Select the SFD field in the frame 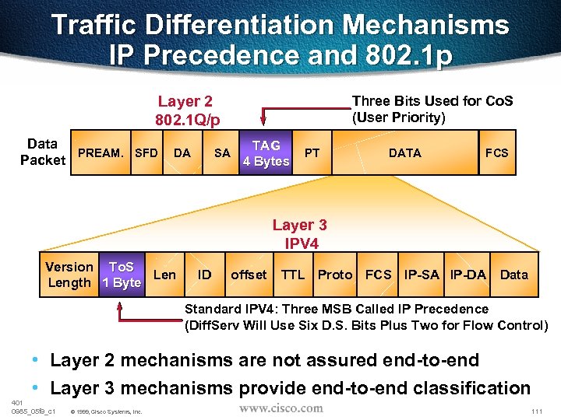point(146,153)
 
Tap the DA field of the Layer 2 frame point(182,153)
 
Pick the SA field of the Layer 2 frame point(222,153)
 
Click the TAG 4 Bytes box point(266,153)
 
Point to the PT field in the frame point(312,153)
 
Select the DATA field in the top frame point(404,153)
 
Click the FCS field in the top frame point(496,153)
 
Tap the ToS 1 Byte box point(122,275)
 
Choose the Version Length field point(69,275)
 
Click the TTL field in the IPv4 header point(293,275)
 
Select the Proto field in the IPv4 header point(335,275)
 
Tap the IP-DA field point(468,275)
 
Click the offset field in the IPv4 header point(249,275)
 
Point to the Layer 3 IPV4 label point(299,234)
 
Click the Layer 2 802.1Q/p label point(188,110)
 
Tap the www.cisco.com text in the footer point(280,408)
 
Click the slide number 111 point(535,410)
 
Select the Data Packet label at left point(42,152)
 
